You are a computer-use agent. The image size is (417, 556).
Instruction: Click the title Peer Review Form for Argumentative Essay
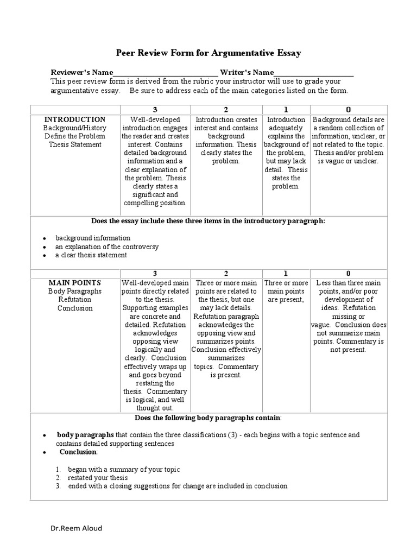tap(208, 53)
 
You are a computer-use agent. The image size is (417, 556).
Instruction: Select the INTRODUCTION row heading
tap(75, 119)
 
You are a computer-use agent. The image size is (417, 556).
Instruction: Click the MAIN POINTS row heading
tap(75, 283)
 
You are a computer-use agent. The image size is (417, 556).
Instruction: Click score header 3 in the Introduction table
tap(155, 110)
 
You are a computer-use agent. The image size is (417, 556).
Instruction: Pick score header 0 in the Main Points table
tap(348, 273)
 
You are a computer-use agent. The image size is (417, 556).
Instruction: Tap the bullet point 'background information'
tap(93, 238)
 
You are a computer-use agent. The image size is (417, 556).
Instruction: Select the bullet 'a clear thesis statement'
tap(91, 255)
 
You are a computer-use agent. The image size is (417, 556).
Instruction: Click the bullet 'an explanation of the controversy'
tap(107, 247)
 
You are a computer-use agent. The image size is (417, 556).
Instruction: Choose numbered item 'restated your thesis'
tap(97, 477)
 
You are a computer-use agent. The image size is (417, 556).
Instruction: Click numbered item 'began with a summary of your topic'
tap(124, 469)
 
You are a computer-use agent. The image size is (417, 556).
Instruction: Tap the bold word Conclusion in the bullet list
tap(78, 452)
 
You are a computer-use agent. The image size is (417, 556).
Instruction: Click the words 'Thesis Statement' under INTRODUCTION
tap(75, 144)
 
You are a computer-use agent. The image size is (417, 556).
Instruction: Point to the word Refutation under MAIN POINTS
tap(75, 299)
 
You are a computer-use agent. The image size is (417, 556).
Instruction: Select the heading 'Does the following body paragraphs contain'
tap(208, 418)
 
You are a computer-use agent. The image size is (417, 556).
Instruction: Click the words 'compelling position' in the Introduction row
tap(156, 203)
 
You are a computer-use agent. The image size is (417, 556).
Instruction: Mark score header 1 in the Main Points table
tap(286, 273)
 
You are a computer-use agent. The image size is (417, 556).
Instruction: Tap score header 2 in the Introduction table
tap(227, 110)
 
